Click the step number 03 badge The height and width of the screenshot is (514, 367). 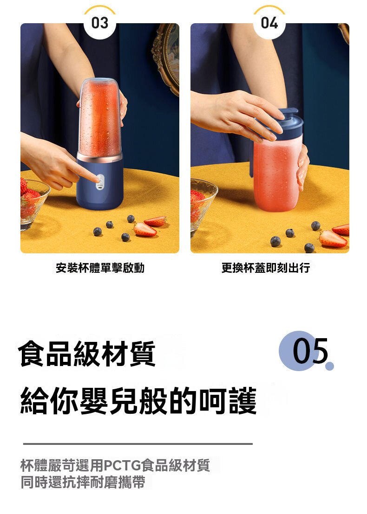tap(100, 23)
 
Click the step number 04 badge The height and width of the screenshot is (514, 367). tap(269, 23)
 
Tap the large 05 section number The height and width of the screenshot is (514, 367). tap(309, 351)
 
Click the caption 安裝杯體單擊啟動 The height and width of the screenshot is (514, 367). tap(100, 268)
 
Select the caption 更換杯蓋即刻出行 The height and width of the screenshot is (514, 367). tap(265, 268)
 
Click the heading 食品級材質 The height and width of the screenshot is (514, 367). tap(87, 353)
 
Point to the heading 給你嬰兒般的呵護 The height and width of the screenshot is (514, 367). tap(138, 401)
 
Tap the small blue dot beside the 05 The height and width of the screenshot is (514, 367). tap(330, 366)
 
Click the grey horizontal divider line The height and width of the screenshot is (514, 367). tap(138, 444)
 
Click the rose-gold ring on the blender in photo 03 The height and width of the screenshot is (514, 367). tap(99, 158)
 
